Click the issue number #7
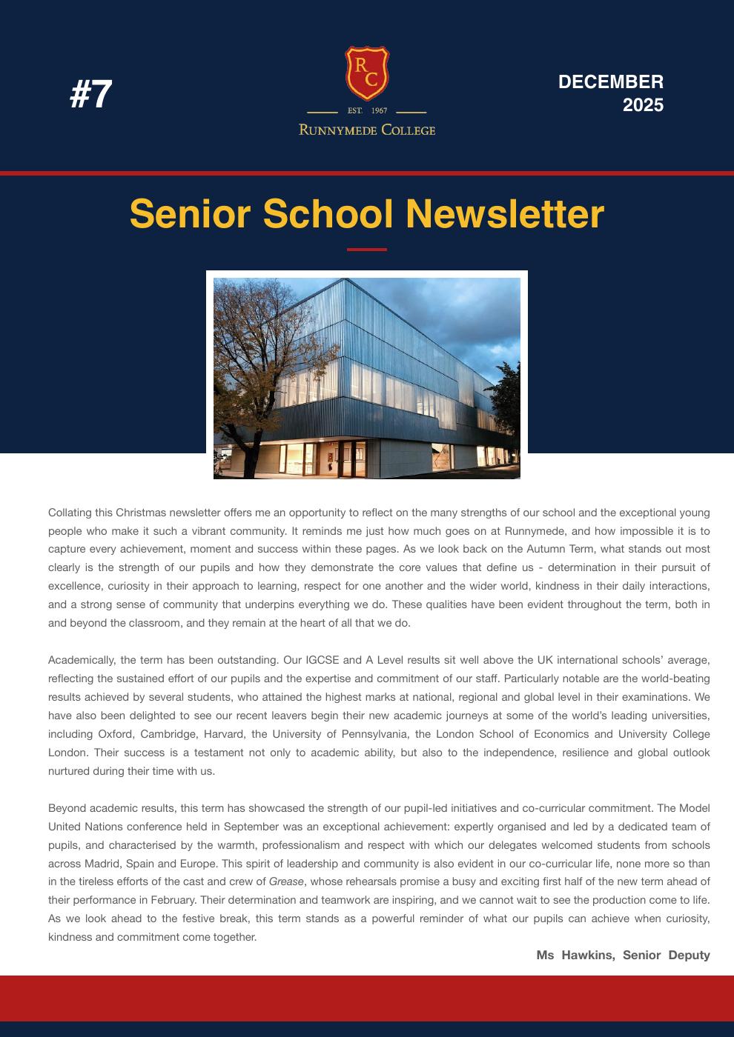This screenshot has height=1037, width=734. pos(91,94)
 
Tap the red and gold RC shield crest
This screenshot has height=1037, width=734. pos(367,73)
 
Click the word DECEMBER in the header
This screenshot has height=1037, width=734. pos(610,81)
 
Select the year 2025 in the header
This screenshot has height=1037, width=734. pos(643,105)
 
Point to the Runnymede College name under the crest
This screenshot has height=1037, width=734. pos(367,130)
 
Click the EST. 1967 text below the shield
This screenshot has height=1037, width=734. pos(367,111)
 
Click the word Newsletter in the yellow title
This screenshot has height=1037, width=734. pos(505,214)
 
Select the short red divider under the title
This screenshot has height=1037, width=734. pos(367,250)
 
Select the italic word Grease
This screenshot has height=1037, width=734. pos(287,881)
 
